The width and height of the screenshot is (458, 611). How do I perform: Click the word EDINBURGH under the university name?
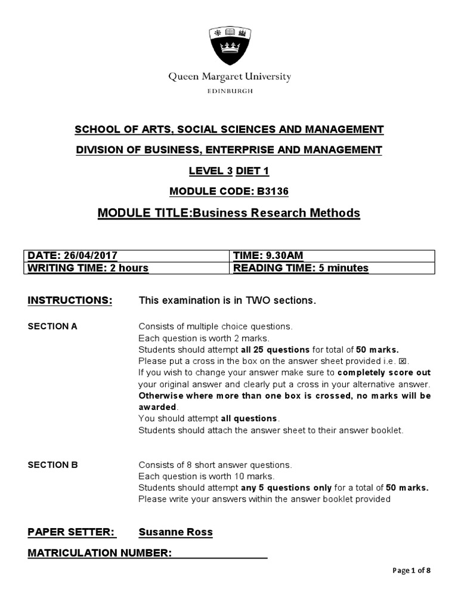point(229,91)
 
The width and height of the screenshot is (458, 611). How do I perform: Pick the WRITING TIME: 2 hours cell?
point(88,268)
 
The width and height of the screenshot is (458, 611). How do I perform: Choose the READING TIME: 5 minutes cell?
point(301,268)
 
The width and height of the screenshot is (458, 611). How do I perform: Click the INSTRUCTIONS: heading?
point(70,300)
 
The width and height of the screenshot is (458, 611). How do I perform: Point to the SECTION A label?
point(52,326)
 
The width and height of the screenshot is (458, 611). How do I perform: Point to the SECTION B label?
point(52,465)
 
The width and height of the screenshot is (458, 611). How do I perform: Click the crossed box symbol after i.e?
point(405,361)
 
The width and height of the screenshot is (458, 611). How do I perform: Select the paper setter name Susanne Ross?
point(175,532)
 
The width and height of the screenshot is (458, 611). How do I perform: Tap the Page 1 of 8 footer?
point(411,570)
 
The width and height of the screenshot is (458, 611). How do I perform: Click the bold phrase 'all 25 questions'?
point(275,350)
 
